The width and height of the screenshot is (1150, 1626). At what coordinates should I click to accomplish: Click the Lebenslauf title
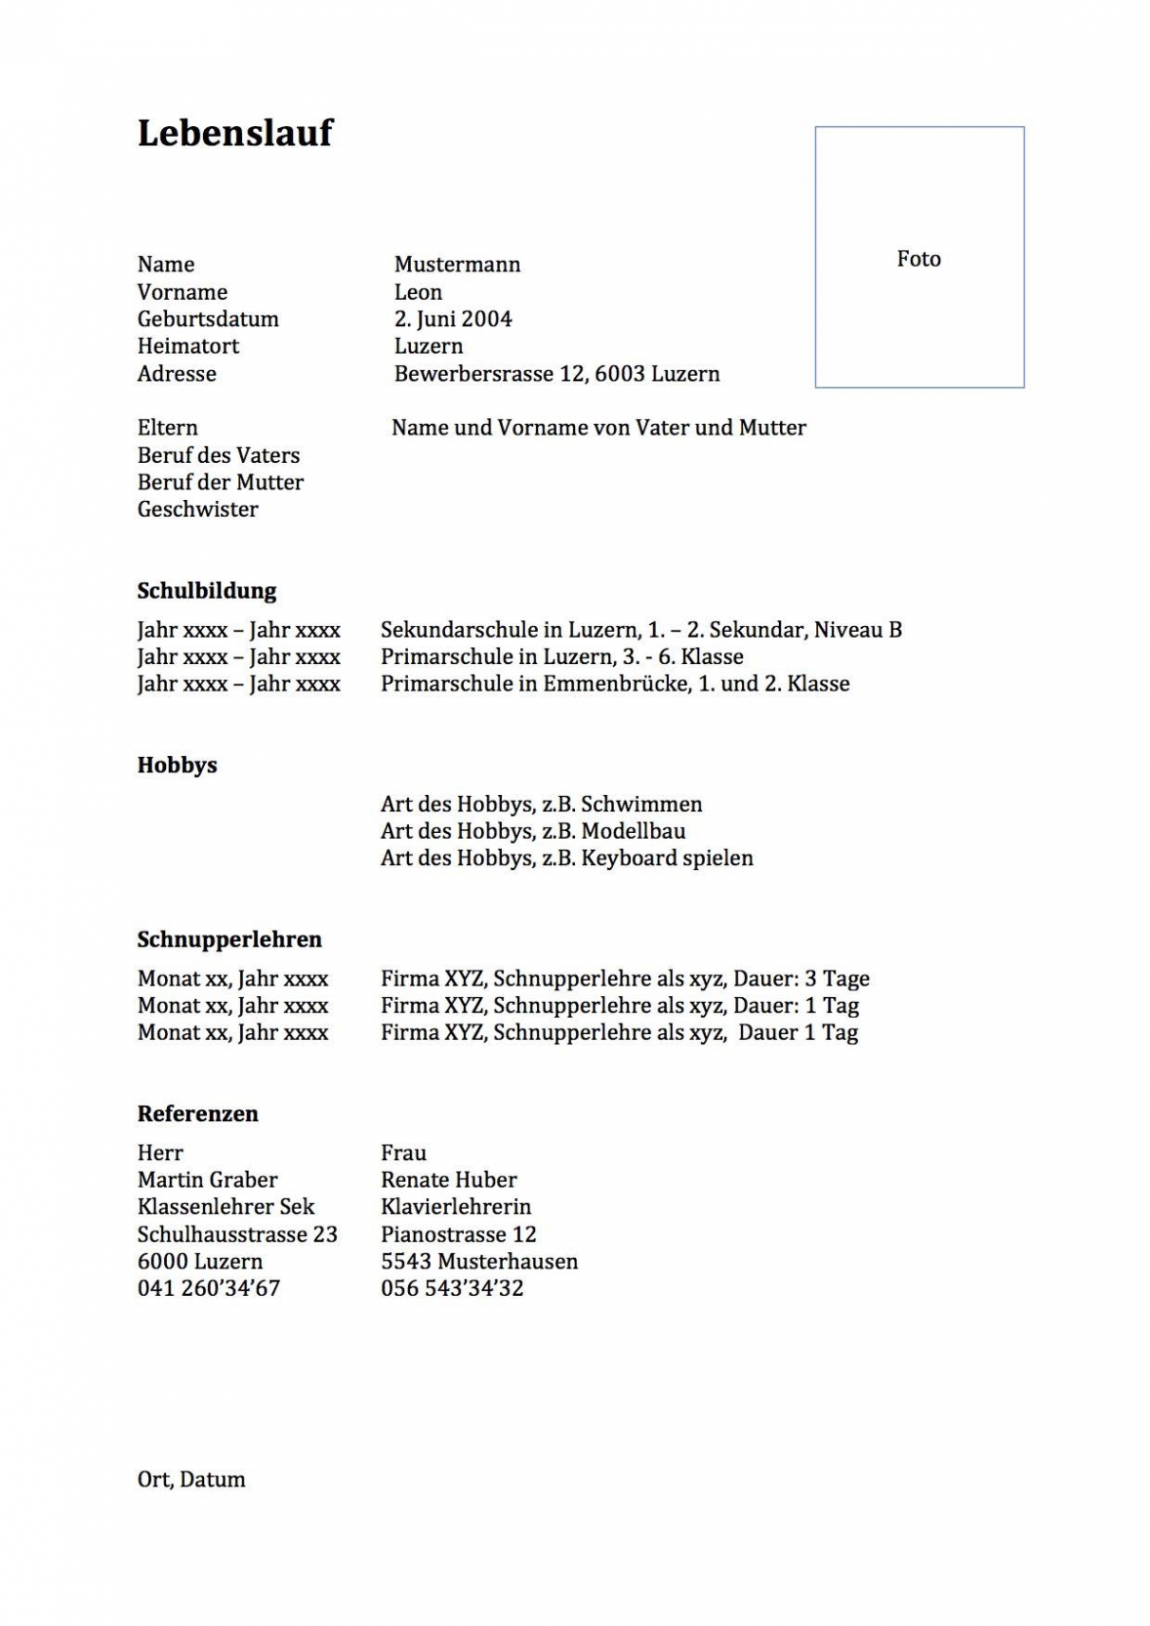[234, 133]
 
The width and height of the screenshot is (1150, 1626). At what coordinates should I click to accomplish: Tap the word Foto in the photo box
[919, 259]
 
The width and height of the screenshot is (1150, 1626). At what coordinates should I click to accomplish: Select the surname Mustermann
[457, 265]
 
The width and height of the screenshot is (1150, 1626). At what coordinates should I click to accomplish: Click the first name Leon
[418, 292]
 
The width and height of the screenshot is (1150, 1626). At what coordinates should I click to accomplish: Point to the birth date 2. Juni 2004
[453, 319]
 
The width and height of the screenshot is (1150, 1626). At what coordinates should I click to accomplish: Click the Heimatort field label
[188, 347]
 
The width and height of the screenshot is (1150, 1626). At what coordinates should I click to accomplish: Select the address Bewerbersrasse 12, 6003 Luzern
[556, 374]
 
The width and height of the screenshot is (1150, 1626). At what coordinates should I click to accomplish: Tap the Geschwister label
[197, 509]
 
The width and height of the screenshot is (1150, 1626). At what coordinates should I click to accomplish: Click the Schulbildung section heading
[207, 591]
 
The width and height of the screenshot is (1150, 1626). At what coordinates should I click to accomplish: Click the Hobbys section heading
[177, 765]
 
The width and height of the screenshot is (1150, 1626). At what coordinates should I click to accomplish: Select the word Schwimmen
[641, 805]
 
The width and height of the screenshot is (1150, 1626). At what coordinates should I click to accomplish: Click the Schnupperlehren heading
[229, 939]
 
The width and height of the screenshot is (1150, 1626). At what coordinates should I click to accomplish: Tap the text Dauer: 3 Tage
[801, 979]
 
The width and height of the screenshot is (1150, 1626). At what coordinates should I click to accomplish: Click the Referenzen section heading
[198, 1114]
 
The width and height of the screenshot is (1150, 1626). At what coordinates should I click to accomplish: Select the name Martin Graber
[208, 1180]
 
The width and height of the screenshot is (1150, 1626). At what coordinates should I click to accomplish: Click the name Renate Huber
[449, 1180]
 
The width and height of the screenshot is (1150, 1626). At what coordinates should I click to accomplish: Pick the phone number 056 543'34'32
[452, 1288]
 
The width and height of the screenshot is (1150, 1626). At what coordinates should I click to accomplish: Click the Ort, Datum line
[191, 1480]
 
